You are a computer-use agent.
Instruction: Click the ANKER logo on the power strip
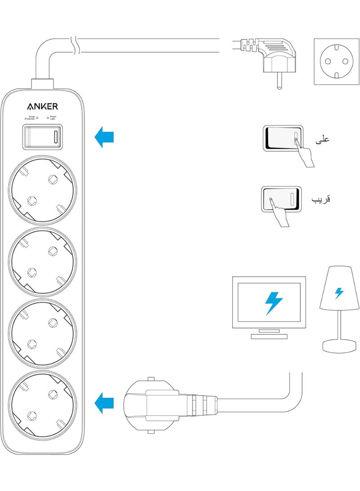(x=43, y=107)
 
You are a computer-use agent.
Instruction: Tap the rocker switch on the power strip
(x=42, y=137)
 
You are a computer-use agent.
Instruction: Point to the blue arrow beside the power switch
(x=105, y=136)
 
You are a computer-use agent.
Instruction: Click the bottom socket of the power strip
(x=43, y=406)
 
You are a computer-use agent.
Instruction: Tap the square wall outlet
(x=334, y=62)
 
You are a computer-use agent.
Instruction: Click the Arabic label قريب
(x=321, y=198)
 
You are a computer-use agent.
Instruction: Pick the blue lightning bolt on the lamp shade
(x=339, y=293)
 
